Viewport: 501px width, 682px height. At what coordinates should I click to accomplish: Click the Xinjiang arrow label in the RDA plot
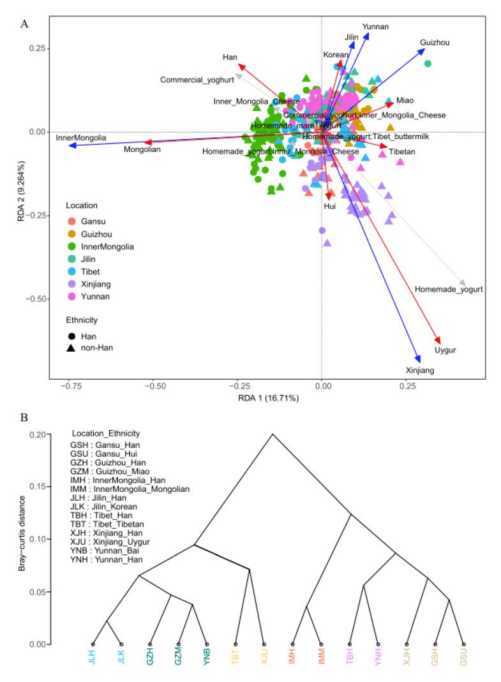pos(420,370)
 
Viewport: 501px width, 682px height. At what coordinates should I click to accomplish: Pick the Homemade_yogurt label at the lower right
pos(449,289)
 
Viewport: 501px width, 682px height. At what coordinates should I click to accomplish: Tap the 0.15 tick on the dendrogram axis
pos(38,486)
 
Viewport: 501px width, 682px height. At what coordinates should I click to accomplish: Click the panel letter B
pos(24,418)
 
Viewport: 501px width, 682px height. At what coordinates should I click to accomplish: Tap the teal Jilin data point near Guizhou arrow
pos(428,63)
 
